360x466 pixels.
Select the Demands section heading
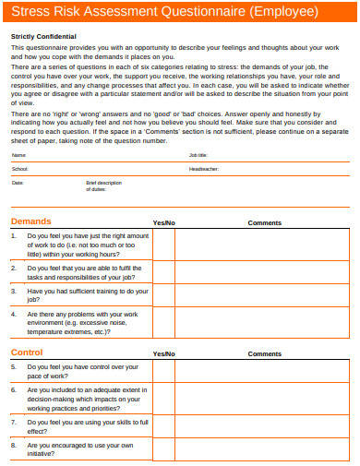pyautogui.click(x=30, y=222)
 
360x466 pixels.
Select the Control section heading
pyautogui.click(x=27, y=353)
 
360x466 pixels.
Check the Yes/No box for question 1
pyautogui.click(x=163, y=245)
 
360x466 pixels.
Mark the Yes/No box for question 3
pyautogui.click(x=163, y=295)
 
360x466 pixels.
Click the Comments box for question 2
pyautogui.click(x=265, y=272)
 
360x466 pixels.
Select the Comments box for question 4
pyautogui.click(x=265, y=323)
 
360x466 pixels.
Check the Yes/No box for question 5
pyautogui.click(x=163, y=371)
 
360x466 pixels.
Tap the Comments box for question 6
pyautogui.click(x=265, y=400)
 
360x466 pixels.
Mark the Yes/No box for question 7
pyautogui.click(x=163, y=426)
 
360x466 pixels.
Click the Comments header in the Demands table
pyautogui.click(x=265, y=223)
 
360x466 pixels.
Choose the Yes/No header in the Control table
pyautogui.click(x=163, y=354)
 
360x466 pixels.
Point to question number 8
pyautogui.click(x=14, y=445)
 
